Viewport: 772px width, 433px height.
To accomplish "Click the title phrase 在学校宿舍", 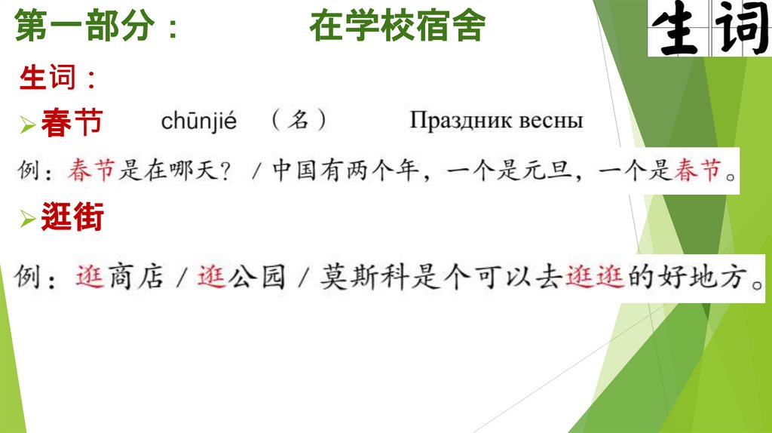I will [x=397, y=28].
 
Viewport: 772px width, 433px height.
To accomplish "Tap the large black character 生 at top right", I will [x=675, y=29].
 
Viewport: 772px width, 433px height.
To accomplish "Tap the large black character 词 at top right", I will [x=741, y=29].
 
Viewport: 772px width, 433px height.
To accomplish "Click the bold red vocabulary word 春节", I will [x=72, y=123].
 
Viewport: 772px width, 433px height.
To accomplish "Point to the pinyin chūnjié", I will [x=199, y=121].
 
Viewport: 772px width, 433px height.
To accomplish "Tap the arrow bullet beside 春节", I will [x=28, y=125].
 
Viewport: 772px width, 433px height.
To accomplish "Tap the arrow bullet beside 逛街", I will [x=28, y=220].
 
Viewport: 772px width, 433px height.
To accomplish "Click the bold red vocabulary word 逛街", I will [x=72, y=219].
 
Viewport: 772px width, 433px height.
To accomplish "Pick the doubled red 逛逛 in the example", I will [x=594, y=278].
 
